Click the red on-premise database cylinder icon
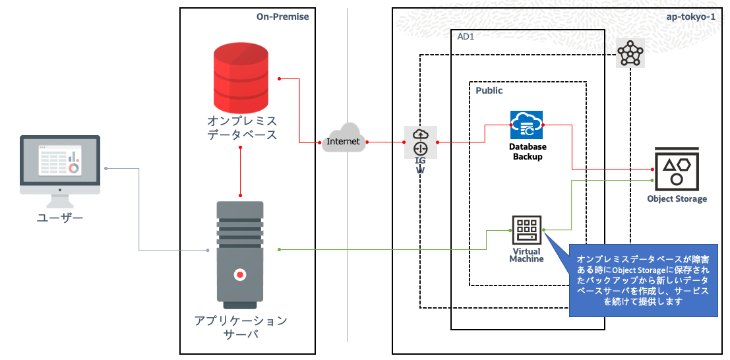tap(240, 77)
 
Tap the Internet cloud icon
tap(344, 138)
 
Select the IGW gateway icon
tap(421, 142)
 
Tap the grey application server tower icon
tap(240, 254)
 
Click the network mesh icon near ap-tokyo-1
tap(630, 54)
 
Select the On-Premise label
tap(282, 16)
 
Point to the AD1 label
tap(466, 37)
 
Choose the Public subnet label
tap(489, 90)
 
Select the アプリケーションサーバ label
tap(241, 327)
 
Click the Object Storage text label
tap(677, 199)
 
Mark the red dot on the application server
tap(241, 274)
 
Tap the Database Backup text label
tap(527, 152)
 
